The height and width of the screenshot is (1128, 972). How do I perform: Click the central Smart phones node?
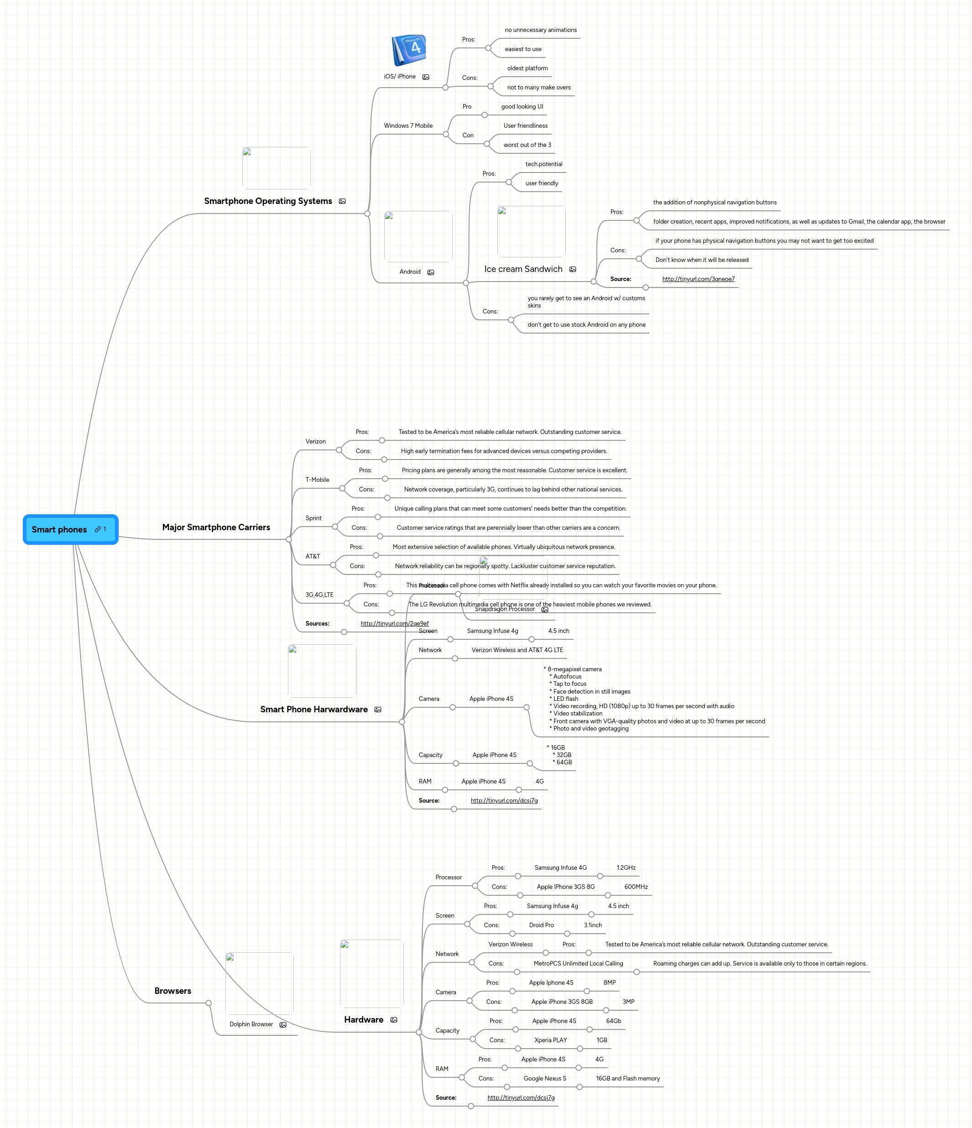(x=60, y=529)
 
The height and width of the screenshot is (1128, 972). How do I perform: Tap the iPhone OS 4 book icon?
(x=409, y=51)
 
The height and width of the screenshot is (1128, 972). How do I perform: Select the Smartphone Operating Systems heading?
(x=268, y=201)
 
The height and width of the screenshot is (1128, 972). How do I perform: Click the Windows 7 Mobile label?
(x=408, y=126)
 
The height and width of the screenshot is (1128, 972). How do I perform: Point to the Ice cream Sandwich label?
(x=523, y=269)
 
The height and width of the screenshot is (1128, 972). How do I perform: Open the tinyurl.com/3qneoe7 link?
(x=698, y=279)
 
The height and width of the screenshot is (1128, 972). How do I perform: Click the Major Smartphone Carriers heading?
(x=216, y=527)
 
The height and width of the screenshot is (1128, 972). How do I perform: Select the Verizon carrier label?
(x=315, y=442)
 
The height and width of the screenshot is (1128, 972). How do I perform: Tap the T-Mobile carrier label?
(x=317, y=480)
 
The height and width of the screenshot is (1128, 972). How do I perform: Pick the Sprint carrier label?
(x=313, y=518)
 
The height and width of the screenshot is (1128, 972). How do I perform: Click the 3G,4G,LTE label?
(x=319, y=595)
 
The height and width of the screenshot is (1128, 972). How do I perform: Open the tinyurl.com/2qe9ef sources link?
(x=394, y=623)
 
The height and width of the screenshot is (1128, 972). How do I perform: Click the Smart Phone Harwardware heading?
(x=314, y=709)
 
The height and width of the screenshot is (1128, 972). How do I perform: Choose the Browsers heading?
(x=172, y=991)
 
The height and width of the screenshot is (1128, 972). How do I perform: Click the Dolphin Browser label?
(x=251, y=1024)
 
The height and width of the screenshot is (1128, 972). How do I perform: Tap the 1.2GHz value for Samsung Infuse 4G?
(x=626, y=868)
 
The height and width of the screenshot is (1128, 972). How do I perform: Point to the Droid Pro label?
(x=541, y=925)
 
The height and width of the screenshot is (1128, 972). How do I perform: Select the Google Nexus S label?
(x=544, y=1078)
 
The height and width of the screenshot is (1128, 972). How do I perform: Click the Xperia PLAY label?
(x=550, y=1040)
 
